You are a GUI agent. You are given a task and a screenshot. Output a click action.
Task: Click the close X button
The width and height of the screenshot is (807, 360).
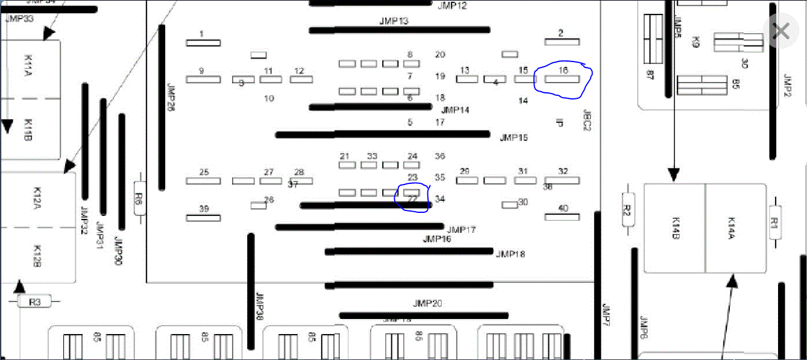coord(781,31)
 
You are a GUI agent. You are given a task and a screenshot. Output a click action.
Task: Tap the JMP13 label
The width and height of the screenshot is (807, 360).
coord(394,21)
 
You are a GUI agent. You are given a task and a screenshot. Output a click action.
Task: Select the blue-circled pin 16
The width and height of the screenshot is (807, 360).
coord(562,78)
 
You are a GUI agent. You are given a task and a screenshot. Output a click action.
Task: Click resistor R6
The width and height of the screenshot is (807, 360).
coord(139,199)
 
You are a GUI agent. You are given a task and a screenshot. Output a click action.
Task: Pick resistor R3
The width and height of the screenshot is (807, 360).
coord(35,302)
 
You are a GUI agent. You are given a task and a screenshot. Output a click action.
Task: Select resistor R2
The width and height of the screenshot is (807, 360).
coord(626,210)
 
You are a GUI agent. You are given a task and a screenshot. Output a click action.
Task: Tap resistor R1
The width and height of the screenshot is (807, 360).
coord(775,223)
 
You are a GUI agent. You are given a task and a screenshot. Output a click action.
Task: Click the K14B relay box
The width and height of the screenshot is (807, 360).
coord(675,229)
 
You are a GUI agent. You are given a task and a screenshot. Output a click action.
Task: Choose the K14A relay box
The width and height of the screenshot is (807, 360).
coord(735,229)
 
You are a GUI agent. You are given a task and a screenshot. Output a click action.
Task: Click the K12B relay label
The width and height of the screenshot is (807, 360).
coord(36,256)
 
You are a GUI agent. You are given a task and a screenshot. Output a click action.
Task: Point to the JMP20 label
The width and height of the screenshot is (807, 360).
coord(427,303)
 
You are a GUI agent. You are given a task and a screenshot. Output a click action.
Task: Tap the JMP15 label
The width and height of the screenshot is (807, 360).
coord(513,138)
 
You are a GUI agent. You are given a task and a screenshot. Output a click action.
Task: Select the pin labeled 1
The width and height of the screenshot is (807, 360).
coord(203,42)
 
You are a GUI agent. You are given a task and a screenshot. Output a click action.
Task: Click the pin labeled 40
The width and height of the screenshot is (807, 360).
coord(562,216)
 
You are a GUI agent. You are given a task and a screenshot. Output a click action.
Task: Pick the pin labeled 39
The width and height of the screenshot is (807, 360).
coord(203,217)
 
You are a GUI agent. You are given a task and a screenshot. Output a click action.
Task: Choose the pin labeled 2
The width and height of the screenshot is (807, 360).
coord(562,41)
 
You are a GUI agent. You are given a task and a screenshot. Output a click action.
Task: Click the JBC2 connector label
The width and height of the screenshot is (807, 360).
coord(586,120)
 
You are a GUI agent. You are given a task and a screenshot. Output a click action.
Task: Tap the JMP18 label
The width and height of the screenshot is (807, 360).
coord(510,254)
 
